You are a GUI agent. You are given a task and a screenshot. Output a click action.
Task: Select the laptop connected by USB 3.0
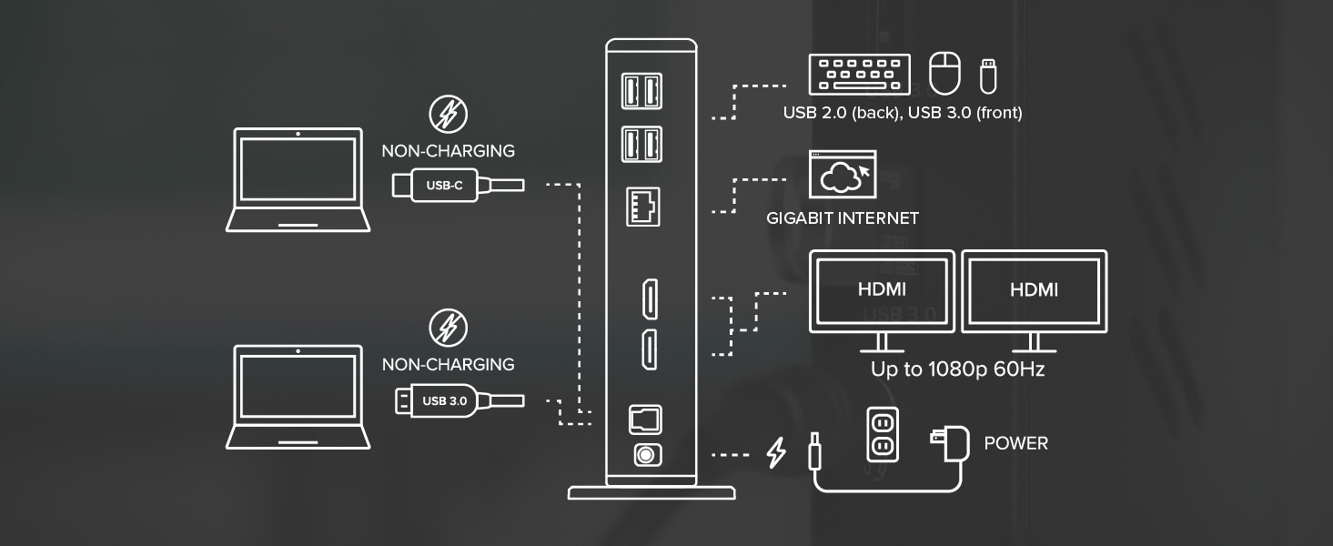(x=298, y=397)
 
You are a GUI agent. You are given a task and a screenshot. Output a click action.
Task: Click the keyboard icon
(x=859, y=74)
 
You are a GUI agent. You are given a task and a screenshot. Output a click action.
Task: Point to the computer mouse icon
(x=944, y=73)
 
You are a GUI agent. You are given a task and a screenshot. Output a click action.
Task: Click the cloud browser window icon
(x=842, y=176)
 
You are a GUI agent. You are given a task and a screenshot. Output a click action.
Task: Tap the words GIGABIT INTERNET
(x=842, y=218)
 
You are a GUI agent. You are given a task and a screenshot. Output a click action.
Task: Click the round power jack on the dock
(x=645, y=454)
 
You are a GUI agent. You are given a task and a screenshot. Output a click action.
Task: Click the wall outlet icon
(x=881, y=432)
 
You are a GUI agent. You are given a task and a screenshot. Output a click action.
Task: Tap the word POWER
(x=1016, y=444)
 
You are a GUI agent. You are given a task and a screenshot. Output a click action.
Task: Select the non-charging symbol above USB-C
(x=448, y=115)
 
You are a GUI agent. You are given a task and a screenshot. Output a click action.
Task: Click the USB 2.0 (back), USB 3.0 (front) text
(x=903, y=113)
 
